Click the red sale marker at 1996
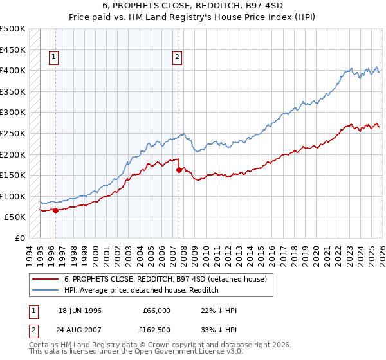[55, 210]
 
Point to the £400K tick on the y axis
[13, 70]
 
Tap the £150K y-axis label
[13, 175]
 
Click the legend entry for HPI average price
[142, 290]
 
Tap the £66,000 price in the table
[157, 310]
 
